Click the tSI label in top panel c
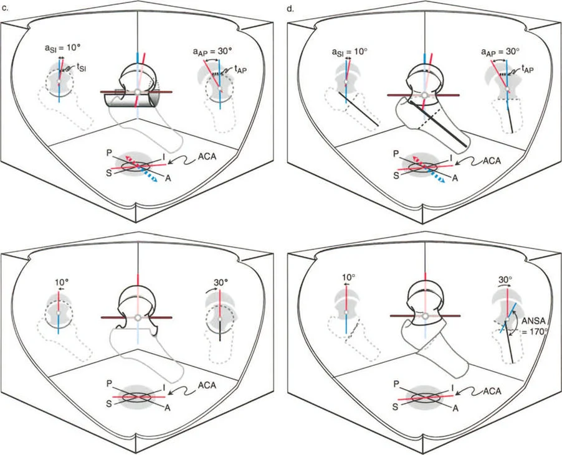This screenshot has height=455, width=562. pyautogui.click(x=78, y=69)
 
